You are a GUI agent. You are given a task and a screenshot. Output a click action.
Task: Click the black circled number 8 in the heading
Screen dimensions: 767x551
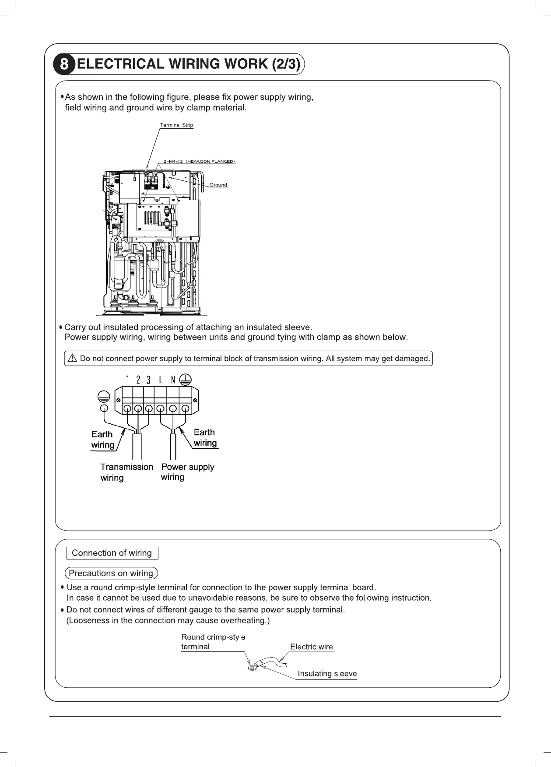pos(64,65)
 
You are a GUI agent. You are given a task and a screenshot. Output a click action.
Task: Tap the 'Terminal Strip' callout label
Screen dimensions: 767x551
pos(176,125)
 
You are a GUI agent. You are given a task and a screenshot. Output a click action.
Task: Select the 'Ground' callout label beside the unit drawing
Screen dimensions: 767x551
pos(218,185)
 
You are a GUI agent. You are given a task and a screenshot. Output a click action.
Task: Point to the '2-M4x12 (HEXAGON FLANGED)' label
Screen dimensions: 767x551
pos(200,162)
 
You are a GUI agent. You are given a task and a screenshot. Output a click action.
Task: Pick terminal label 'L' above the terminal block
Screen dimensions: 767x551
pos(161,380)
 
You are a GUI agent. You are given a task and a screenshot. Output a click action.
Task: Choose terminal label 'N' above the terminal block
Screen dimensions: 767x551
pos(173,380)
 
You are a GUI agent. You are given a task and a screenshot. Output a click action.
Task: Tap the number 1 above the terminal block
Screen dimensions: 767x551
pos(127,380)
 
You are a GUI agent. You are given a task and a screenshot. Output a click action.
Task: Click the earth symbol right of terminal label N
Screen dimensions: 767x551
pos(185,379)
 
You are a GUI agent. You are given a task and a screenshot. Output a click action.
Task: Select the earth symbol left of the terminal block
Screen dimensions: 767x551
pos(103,397)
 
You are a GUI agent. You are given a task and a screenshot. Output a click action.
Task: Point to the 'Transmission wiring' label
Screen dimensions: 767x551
pos(126,472)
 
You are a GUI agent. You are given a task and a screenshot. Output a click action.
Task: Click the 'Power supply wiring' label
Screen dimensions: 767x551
pos(187,472)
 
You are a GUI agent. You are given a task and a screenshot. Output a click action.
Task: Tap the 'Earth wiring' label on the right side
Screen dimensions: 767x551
pos(205,437)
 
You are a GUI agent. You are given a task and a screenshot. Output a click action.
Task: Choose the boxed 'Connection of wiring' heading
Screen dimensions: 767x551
pos(112,553)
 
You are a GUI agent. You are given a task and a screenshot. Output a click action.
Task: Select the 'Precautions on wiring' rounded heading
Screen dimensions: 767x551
pos(111,573)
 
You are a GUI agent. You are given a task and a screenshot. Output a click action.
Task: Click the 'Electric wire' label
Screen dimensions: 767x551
pos(311,647)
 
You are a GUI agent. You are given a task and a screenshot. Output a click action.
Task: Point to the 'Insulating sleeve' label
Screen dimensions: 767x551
pos(327,674)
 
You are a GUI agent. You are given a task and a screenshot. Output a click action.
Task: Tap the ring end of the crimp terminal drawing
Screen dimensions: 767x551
pos(252,668)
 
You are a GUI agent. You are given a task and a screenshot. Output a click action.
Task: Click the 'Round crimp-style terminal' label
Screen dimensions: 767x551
pos(213,642)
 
